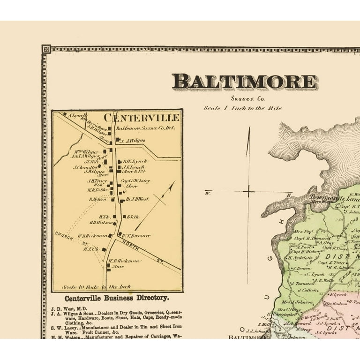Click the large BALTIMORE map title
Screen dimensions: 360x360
tap(244, 82)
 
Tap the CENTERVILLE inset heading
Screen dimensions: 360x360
tap(141, 117)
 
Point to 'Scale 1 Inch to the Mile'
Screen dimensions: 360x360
tap(242, 108)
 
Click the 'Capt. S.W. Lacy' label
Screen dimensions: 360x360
tap(135, 181)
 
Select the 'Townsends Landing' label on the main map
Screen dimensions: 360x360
tap(333, 198)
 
